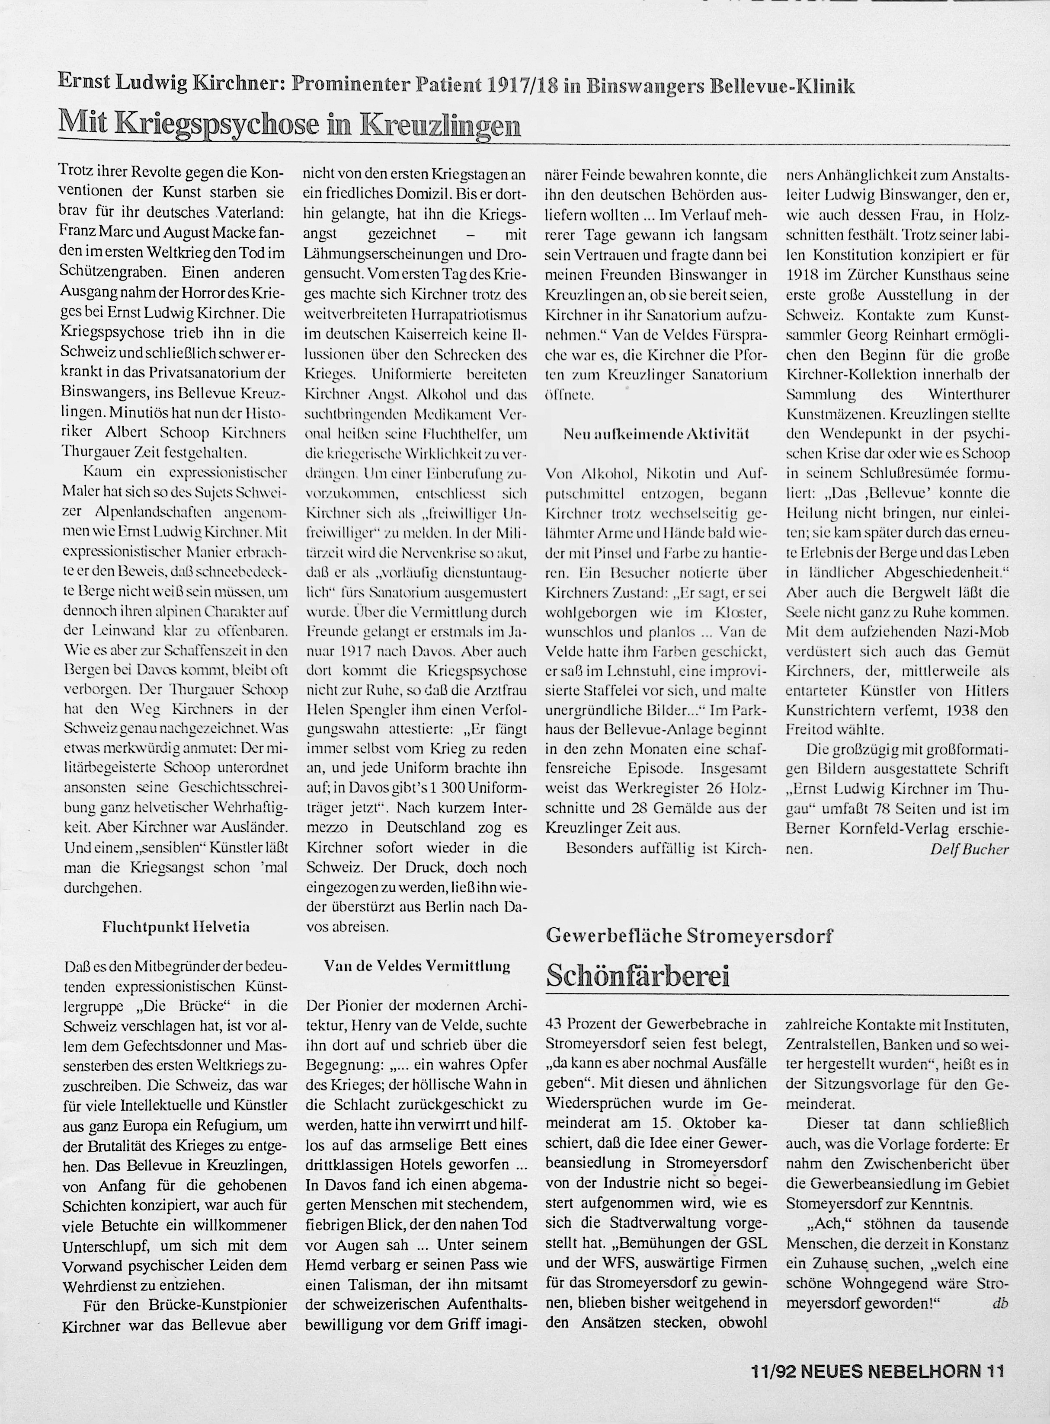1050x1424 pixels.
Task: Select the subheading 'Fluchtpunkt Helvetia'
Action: tap(176, 926)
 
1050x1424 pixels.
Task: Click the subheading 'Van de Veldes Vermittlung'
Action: tap(417, 966)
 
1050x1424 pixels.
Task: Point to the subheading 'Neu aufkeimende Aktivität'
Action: tap(656, 434)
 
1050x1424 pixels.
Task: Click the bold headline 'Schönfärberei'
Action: tap(637, 975)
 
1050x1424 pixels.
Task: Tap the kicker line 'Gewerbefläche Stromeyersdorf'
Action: tap(689, 935)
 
